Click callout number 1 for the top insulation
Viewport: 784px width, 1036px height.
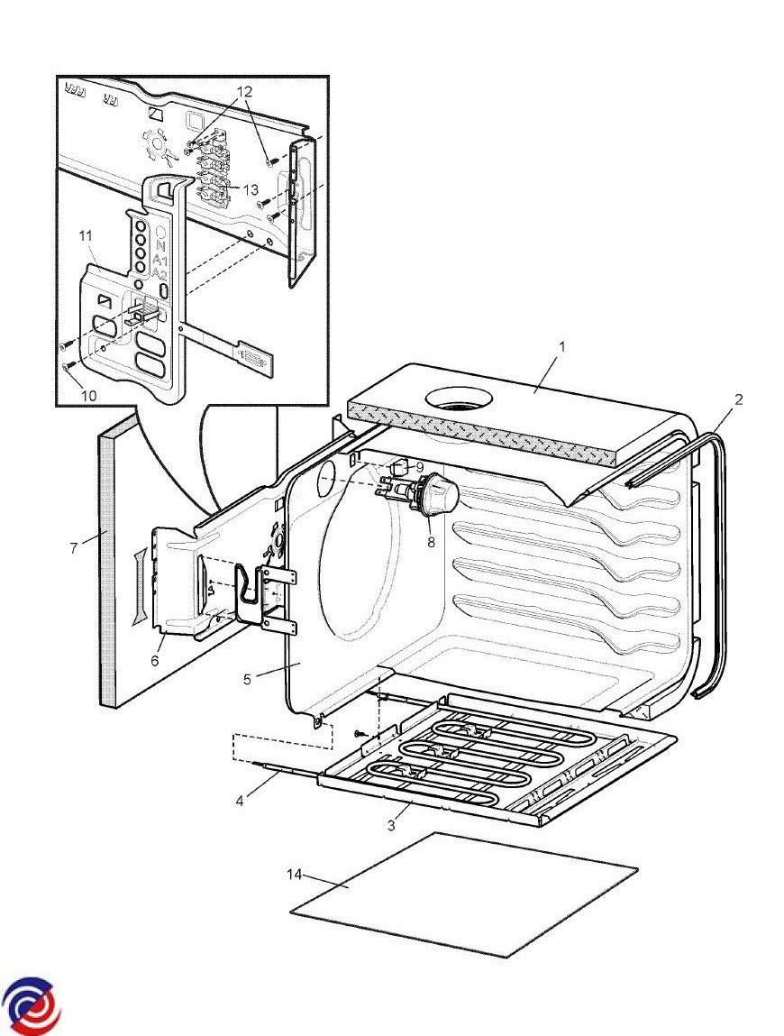(x=561, y=346)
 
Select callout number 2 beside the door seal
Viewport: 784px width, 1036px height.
(x=738, y=399)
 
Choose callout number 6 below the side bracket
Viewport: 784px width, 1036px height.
(x=154, y=661)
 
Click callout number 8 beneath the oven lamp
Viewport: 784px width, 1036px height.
(x=429, y=543)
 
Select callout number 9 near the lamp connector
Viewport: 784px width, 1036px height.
(x=420, y=467)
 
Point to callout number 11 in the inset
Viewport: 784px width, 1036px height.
(x=87, y=235)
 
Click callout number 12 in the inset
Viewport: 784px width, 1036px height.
(x=246, y=93)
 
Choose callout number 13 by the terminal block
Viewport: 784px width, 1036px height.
(x=251, y=189)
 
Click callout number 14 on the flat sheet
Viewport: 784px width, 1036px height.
(x=295, y=875)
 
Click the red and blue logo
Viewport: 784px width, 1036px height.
(x=32, y=1004)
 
